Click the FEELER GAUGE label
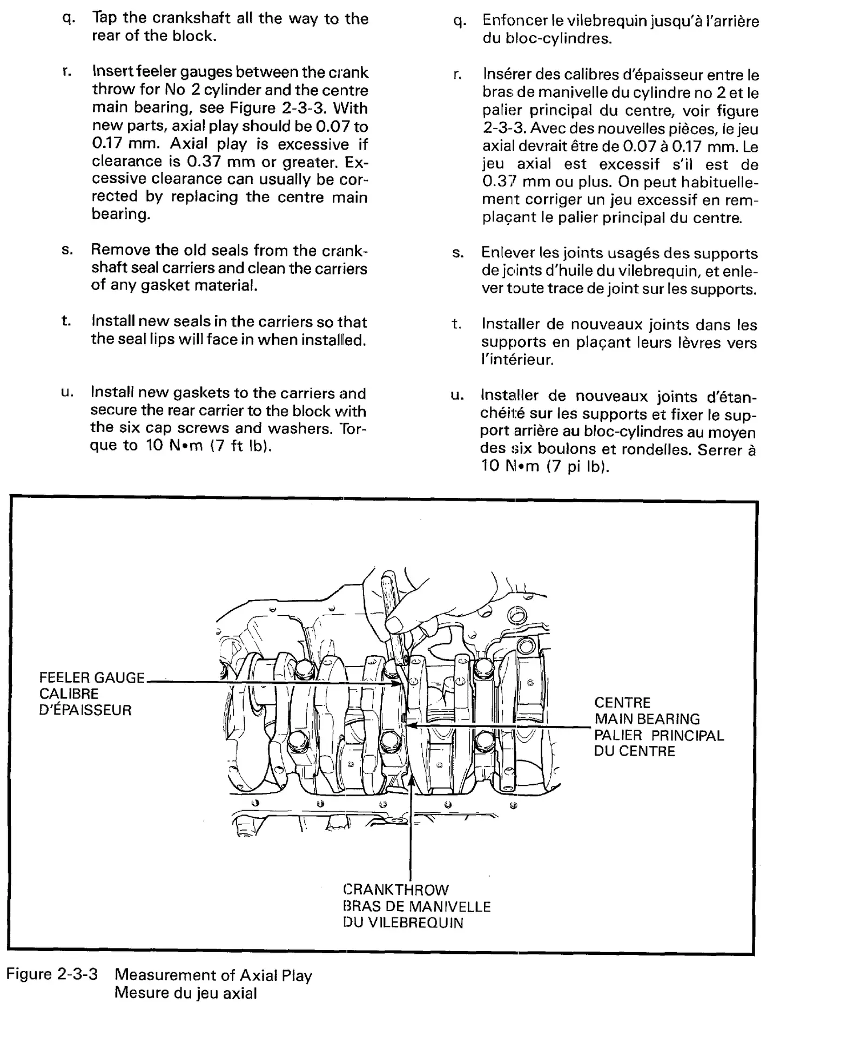tap(92, 678)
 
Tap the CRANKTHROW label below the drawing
tap(395, 890)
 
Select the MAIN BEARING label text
tap(647, 719)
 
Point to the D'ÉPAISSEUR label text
tap(85, 710)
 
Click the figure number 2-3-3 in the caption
tap(78, 974)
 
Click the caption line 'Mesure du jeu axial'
tap(185, 993)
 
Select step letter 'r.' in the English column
tap(67, 72)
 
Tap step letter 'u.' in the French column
tap(457, 395)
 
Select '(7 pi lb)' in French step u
tap(577, 467)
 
